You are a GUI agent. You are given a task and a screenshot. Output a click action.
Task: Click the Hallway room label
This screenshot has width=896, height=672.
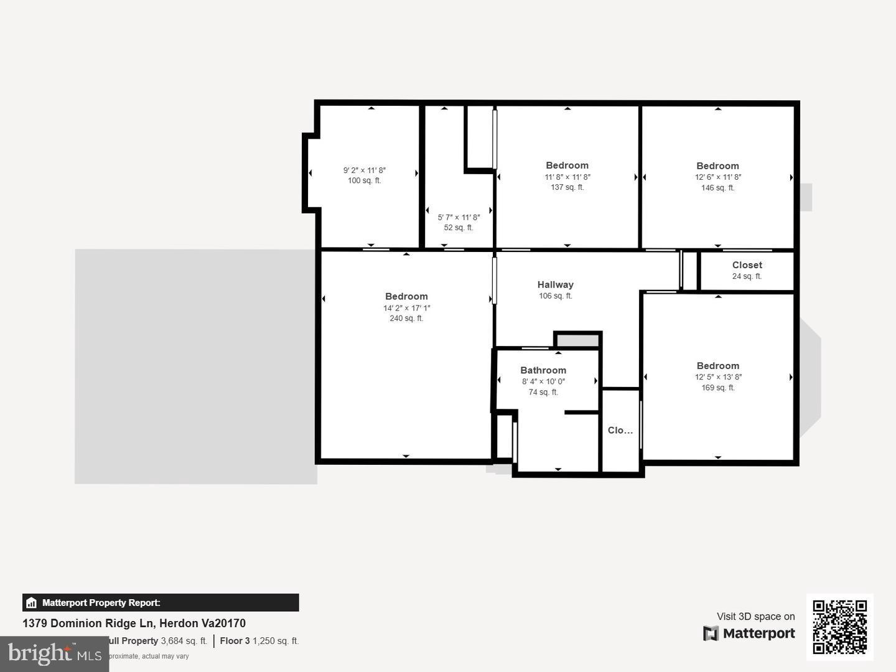pos(555,285)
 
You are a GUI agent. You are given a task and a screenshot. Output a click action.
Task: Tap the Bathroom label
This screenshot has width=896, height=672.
pos(543,370)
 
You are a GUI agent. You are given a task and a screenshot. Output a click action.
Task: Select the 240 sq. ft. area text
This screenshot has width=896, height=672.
pos(406,319)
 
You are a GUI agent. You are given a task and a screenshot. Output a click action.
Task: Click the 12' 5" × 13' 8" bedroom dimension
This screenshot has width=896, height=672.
pos(718,377)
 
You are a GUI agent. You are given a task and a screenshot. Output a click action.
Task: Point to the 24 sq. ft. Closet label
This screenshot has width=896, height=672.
pos(747,276)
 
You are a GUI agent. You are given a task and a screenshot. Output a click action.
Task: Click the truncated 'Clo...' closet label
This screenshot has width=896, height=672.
pos(620,430)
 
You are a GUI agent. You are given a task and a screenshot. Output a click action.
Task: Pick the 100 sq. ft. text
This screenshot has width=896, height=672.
pos(364,181)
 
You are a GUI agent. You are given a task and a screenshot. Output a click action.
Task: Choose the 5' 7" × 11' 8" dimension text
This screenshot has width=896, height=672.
pos(459,217)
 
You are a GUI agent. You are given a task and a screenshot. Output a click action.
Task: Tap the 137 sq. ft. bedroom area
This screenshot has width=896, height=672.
pos(567,187)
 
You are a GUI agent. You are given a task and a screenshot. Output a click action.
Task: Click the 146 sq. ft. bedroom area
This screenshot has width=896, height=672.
pos(717,188)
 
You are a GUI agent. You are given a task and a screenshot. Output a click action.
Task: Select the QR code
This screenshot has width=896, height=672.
pos(839,627)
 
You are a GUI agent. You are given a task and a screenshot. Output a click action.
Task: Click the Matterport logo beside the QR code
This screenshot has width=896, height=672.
pos(749,633)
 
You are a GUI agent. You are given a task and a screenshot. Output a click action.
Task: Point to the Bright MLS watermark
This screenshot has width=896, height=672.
pos(55,653)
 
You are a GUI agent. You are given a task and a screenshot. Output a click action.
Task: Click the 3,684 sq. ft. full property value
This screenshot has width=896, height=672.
pos(184,641)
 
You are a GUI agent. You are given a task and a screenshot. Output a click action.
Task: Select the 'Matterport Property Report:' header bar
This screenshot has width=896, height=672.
pos(161,602)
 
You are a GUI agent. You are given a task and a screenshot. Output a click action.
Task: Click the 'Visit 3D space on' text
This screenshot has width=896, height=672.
pos(755,617)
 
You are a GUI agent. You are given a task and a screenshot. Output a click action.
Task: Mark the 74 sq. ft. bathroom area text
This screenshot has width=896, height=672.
pos(543,393)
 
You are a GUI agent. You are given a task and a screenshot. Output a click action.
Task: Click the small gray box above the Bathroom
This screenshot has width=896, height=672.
pos(577,340)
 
